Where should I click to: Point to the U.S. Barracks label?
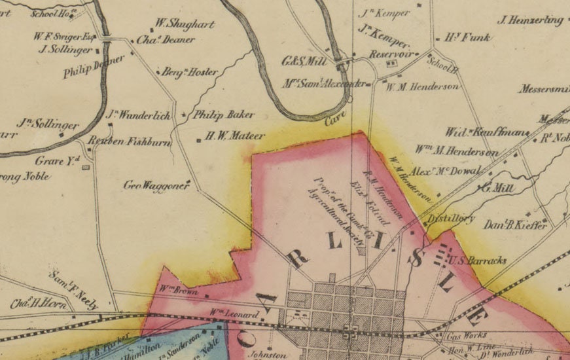pyautogui.click(x=480, y=260)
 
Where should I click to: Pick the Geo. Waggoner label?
pyautogui.click(x=156, y=185)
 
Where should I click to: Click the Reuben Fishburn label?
pyautogui.click(x=139, y=141)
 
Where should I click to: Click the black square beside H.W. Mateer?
pyautogui.click(x=198, y=139)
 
